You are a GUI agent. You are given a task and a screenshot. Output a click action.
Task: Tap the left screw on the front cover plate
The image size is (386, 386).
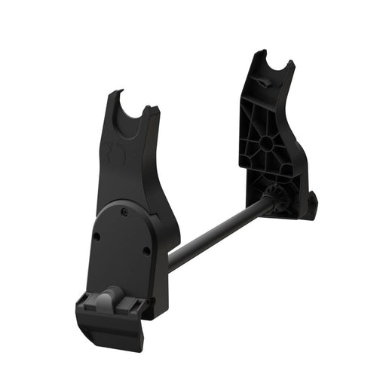pyautogui.click(x=97, y=237)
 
